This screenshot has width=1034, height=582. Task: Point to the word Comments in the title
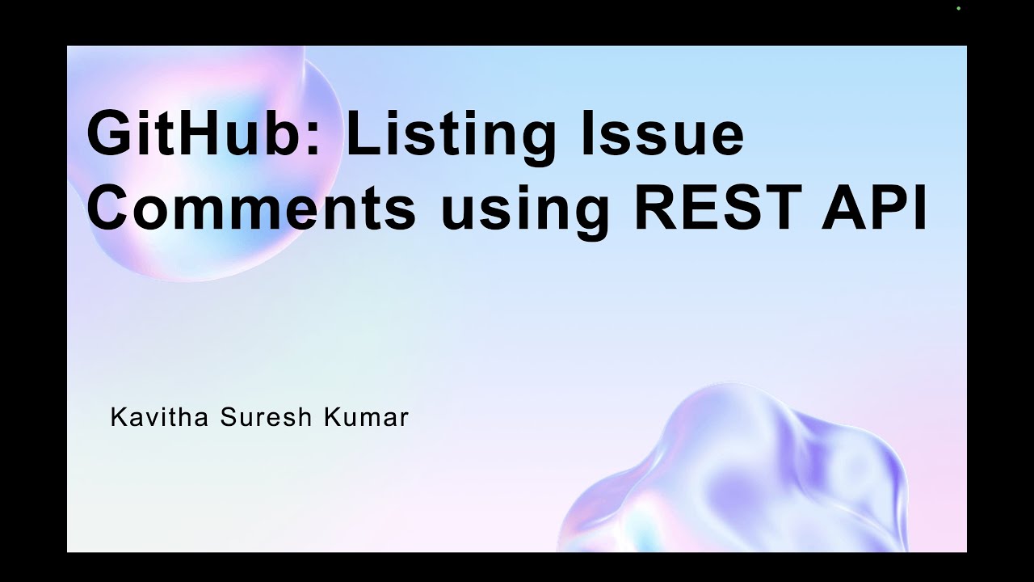tap(251, 207)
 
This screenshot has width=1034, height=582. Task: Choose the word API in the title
tap(879, 207)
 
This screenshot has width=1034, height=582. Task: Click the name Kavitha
tap(159, 418)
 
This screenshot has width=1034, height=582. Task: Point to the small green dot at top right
tap(958, 8)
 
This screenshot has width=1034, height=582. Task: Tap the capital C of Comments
tap(111, 207)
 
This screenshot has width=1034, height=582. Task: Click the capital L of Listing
tap(360, 135)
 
